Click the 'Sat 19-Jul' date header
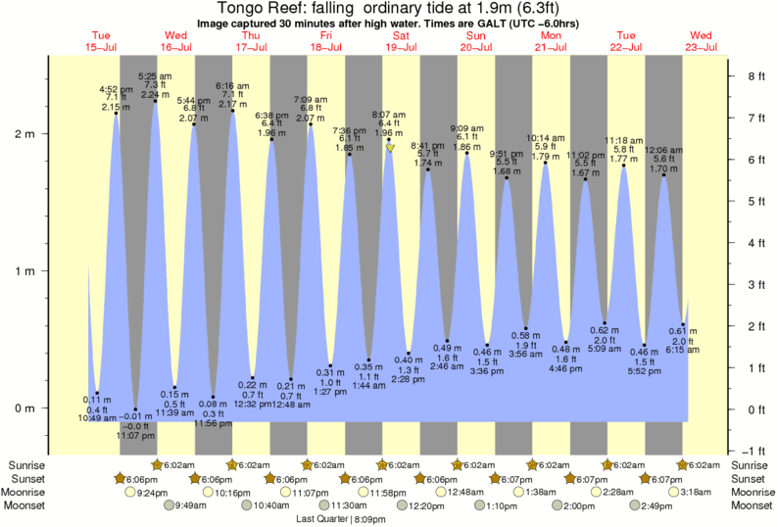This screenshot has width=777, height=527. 401,42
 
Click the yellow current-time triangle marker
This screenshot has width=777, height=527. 389,148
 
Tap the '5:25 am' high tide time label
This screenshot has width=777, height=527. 155,75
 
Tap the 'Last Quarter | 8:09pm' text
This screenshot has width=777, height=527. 341,520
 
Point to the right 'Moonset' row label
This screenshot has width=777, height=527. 753,505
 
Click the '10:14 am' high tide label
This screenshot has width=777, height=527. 546,139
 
